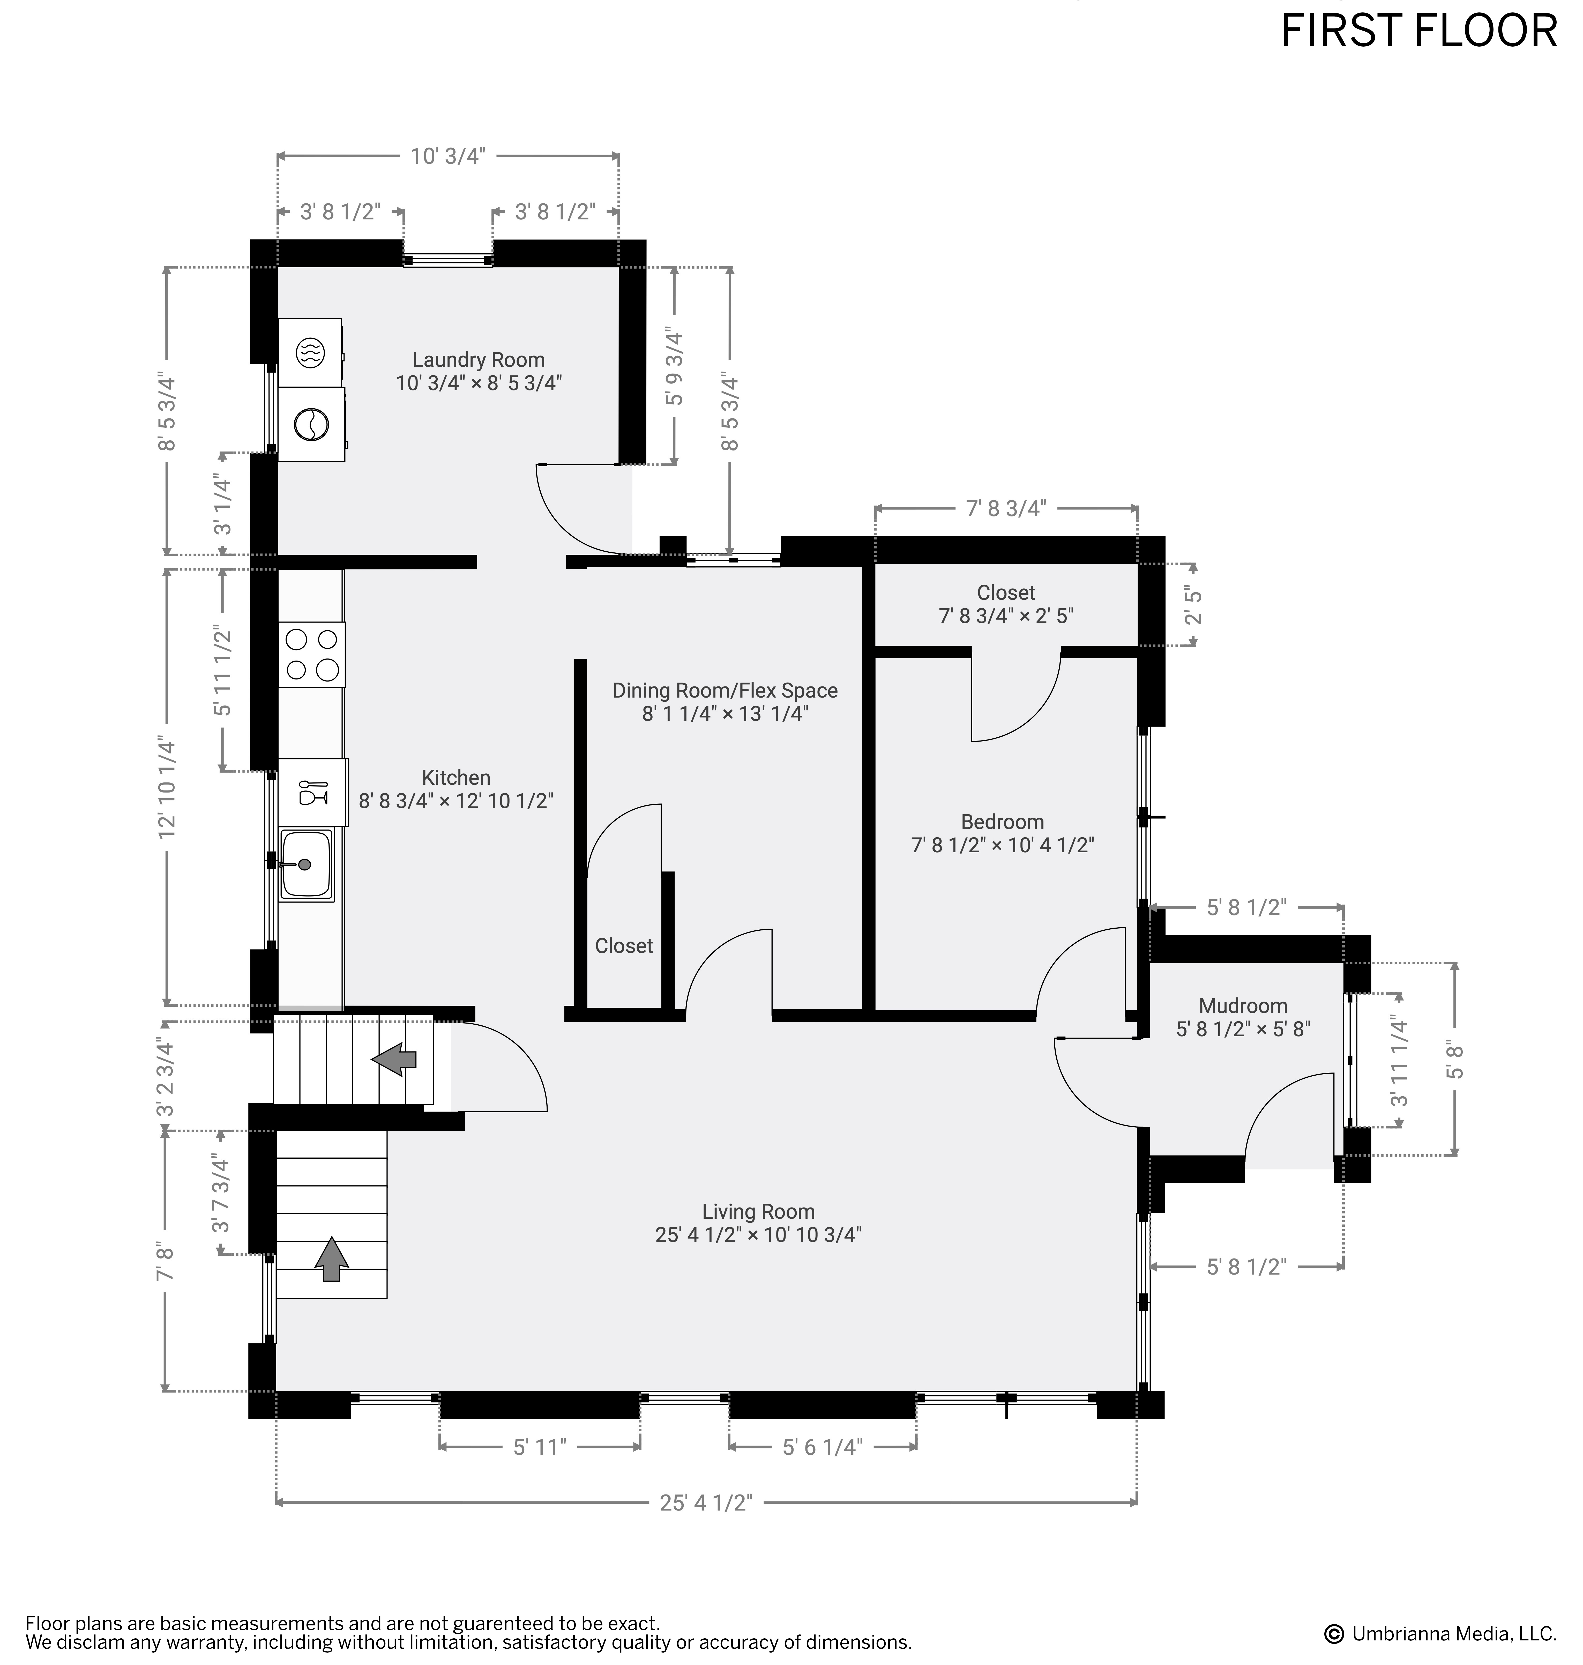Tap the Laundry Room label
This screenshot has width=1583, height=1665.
479,360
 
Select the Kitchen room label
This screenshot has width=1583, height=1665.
456,777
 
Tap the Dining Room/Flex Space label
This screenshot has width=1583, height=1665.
725,690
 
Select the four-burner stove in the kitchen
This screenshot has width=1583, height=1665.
311,655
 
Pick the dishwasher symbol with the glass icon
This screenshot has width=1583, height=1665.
313,791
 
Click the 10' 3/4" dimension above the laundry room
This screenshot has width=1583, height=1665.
448,156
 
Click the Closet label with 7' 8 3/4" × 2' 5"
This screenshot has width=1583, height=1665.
1006,604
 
